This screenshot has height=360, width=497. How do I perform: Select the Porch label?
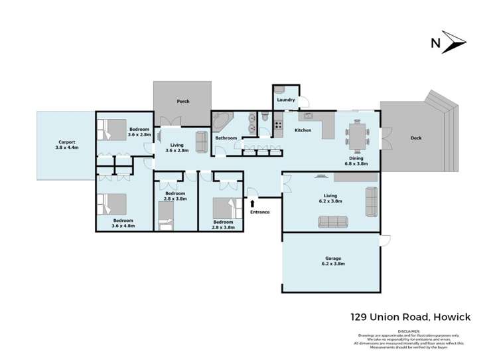click(182, 102)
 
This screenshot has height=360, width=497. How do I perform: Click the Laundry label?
click(285, 100)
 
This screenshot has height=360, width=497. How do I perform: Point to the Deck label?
click(416, 138)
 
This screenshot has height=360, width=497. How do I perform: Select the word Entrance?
click(260, 212)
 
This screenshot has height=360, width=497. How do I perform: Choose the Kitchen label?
click(303, 130)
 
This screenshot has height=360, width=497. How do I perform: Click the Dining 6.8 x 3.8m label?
click(358, 161)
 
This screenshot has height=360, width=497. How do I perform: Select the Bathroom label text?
click(226, 138)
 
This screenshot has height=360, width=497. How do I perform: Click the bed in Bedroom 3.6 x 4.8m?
click(113, 203)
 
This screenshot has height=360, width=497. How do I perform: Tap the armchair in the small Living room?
click(201, 141)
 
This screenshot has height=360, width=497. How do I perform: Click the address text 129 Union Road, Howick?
click(411, 317)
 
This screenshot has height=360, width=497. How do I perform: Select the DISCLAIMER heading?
click(409, 330)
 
